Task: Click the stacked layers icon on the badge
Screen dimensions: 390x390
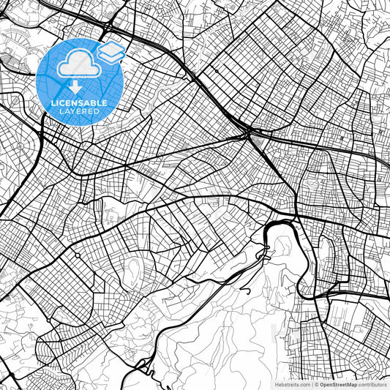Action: click(110, 51)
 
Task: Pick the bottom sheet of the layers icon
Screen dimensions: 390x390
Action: click(110, 56)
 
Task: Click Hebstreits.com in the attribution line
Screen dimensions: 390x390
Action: click(293, 383)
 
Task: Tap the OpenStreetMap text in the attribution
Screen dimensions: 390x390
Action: click(337, 383)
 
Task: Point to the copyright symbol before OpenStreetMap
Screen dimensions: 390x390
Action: click(316, 383)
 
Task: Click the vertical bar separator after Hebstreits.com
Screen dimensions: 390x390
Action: click(311, 383)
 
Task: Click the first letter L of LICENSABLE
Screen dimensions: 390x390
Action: click(53, 102)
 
